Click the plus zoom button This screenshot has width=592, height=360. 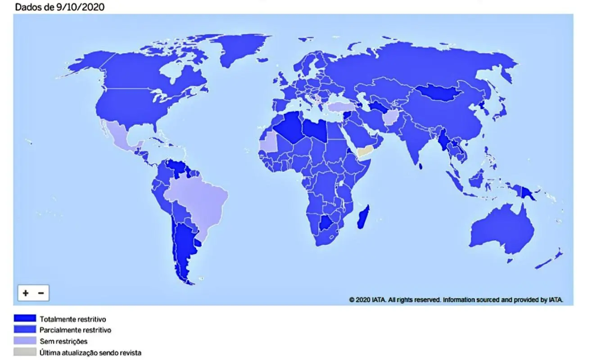26,293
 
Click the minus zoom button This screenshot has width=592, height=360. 41,293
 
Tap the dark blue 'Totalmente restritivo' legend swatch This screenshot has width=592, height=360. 25,319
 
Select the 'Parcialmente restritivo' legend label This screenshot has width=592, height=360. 75,330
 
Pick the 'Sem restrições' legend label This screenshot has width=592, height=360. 63,341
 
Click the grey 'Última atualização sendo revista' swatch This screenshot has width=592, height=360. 25,352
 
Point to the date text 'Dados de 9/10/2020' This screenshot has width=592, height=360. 54,7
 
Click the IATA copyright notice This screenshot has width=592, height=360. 456,299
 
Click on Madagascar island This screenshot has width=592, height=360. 363,216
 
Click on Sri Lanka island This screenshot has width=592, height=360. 421,166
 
